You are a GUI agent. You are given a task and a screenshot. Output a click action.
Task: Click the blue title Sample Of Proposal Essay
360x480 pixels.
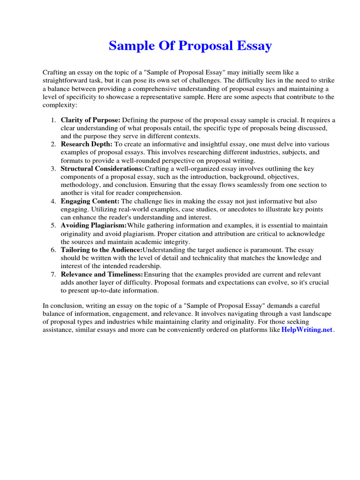click(190, 46)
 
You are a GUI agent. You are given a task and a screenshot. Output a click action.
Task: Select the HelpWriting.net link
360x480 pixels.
click(307, 330)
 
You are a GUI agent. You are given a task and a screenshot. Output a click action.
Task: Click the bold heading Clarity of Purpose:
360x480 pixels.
click(90, 120)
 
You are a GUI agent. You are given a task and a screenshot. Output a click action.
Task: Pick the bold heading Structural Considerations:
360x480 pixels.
click(102, 168)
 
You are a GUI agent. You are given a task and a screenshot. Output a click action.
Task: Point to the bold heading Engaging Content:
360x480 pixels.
click(90, 202)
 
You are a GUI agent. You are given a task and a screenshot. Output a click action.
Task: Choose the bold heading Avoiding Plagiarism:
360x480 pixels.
click(94, 225)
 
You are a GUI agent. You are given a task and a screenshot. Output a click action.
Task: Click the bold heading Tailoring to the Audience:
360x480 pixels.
click(101, 250)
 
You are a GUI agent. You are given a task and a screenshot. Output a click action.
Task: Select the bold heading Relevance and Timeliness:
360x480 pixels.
click(102, 274)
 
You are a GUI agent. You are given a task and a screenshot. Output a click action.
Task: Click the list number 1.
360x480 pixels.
click(53, 120)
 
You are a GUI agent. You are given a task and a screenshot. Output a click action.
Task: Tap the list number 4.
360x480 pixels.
click(53, 202)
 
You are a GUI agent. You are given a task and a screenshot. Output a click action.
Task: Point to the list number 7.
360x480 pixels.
click(53, 274)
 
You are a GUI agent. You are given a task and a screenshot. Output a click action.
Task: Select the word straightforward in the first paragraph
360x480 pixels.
click(66, 81)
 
